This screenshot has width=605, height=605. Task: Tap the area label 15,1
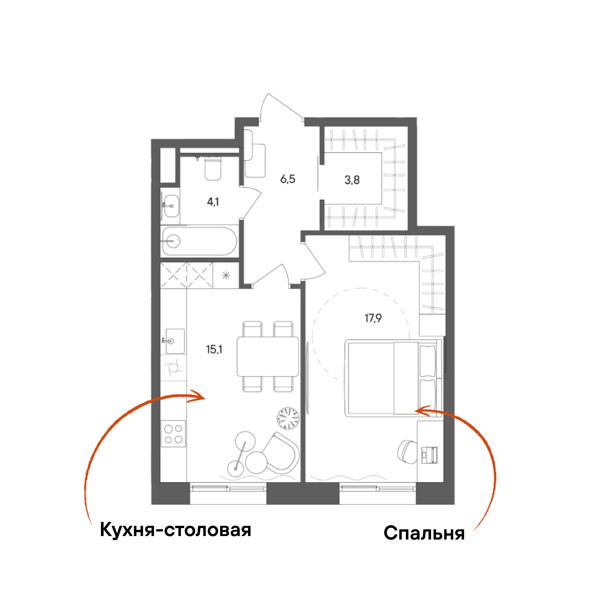(214, 349)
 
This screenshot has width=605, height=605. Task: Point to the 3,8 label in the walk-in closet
(352, 180)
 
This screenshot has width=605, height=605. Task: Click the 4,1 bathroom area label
(213, 202)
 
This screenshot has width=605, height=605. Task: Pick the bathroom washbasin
(171, 206)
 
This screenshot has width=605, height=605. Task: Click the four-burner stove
(173, 434)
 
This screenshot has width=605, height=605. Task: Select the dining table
(268, 356)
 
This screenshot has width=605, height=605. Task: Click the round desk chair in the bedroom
(408, 452)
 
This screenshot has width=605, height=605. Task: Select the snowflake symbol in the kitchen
(226, 276)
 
